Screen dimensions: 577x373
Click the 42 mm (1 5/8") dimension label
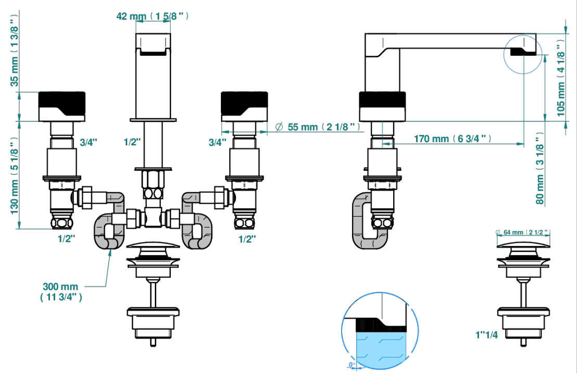pos(153,16)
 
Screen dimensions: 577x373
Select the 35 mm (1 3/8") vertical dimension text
pos(14,51)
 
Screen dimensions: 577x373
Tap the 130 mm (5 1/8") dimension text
pos(14,176)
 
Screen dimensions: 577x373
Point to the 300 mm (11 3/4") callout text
pos(61,292)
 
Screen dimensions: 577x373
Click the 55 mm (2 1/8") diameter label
pos(318,127)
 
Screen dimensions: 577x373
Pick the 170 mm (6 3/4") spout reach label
pos(452,139)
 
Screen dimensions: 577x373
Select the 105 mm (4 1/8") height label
pos(560,79)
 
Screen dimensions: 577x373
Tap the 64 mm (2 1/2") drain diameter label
pos(523,232)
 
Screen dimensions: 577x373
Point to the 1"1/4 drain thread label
pos(486,334)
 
